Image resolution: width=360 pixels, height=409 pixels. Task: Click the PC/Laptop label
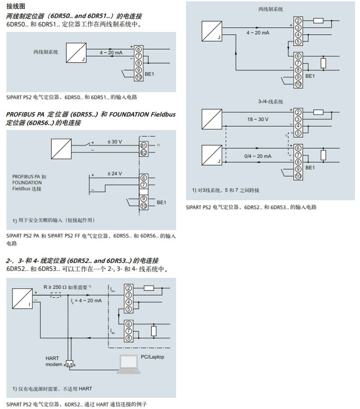tap(152, 357)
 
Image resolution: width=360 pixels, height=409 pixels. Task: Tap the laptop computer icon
tap(129, 365)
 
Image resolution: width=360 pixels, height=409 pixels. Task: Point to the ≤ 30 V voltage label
tap(115, 142)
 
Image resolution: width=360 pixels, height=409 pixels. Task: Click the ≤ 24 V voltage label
tap(115, 174)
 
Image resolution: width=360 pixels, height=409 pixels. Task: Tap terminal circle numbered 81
tap(143, 145)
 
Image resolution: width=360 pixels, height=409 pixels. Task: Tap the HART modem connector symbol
tap(70, 363)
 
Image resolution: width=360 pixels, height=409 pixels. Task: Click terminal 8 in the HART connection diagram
tap(129, 337)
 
